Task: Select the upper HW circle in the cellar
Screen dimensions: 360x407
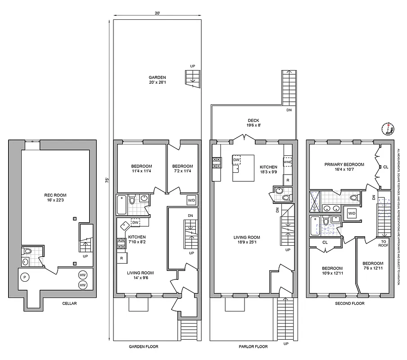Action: pyautogui.click(x=83, y=275)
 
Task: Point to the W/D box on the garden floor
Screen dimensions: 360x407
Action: pyautogui.click(x=191, y=200)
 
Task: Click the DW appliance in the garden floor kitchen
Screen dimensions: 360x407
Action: pyautogui.click(x=135, y=222)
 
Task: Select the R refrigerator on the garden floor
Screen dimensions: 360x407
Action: pyautogui.click(x=122, y=258)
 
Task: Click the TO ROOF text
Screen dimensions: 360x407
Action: pyautogui.click(x=383, y=243)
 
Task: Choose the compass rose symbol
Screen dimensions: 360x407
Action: pyautogui.click(x=388, y=129)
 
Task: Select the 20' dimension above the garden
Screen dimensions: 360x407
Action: pyautogui.click(x=157, y=13)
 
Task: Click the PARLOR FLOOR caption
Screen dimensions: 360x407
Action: pyautogui.click(x=253, y=347)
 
